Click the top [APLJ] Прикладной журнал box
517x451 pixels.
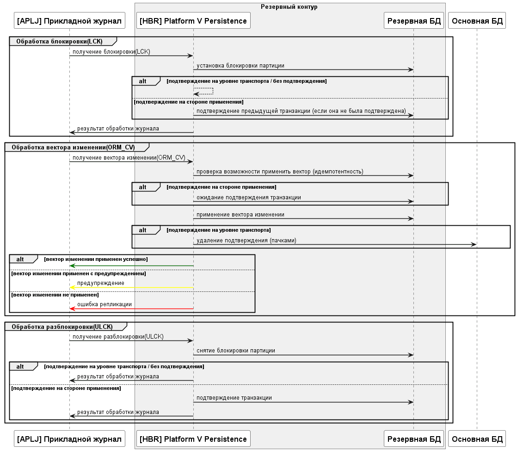[69, 21]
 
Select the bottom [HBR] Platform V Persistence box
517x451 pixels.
[193, 439]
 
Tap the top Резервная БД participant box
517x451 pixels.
[414, 21]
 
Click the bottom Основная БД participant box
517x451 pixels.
[477, 439]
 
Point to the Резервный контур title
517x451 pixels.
[289, 6]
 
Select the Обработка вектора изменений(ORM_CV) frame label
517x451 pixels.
[73, 148]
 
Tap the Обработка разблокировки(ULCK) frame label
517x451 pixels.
[62, 326]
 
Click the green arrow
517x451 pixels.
[131, 266]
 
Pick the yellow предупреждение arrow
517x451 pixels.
[131, 287]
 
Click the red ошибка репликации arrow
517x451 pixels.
[131, 309]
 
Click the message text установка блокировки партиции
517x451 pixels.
[240, 66]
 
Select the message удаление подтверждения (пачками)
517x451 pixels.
[246, 241]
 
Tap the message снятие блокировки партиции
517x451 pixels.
[235, 351]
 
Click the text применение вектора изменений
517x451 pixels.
[240, 215]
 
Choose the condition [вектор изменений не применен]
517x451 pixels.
[55, 294]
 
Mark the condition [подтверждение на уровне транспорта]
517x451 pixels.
[218, 230]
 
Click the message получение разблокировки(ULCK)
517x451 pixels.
[118, 337]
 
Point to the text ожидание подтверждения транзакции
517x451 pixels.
[248, 198]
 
